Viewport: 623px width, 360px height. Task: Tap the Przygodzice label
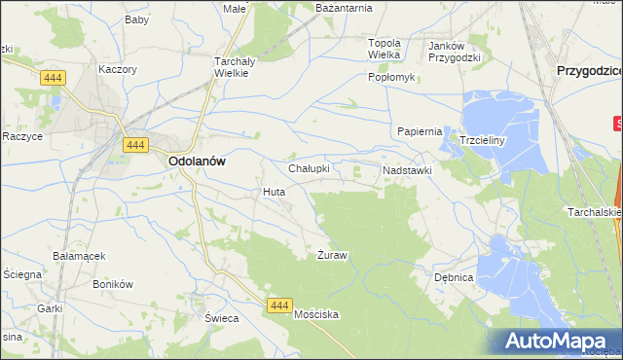588,71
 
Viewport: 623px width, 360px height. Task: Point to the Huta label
274,192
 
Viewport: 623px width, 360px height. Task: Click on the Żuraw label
333,255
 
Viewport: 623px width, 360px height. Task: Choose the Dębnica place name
454,277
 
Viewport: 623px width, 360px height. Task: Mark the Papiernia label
420,131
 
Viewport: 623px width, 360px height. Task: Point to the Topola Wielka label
385,49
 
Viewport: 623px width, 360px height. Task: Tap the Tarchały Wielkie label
233,66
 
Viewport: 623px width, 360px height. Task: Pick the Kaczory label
118,70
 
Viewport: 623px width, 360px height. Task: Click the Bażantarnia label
345,8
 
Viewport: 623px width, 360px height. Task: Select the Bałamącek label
80,256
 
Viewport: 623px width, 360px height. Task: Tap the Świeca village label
196,318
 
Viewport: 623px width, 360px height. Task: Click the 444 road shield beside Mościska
278,306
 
